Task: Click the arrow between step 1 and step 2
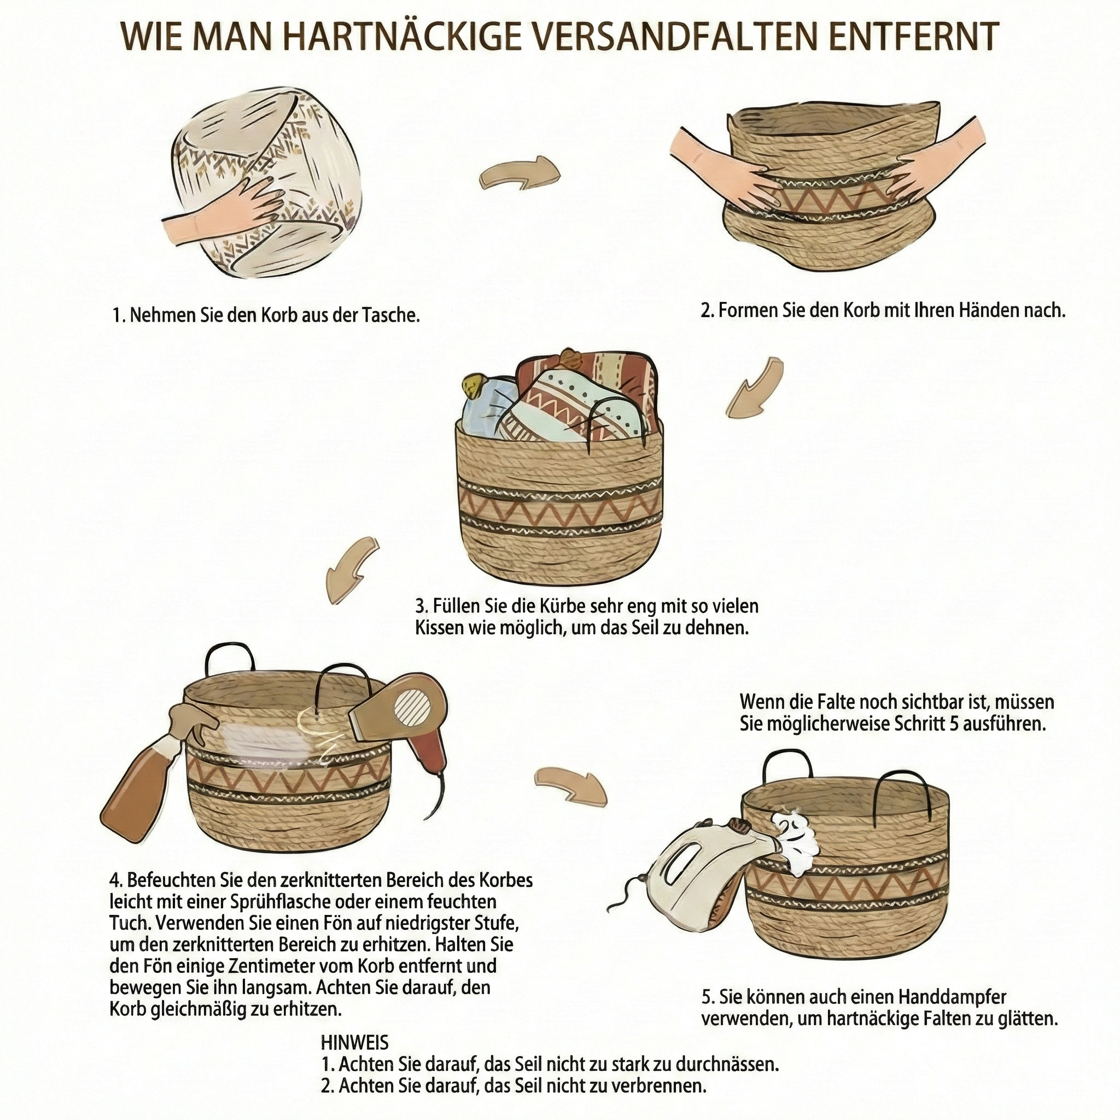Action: [x=519, y=173]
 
